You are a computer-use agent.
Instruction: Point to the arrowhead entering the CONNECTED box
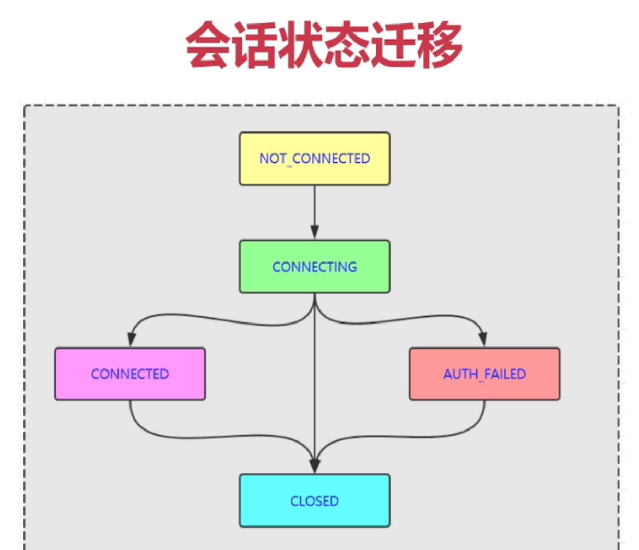tap(131, 339)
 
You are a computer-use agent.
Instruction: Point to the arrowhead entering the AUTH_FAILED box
tap(483, 339)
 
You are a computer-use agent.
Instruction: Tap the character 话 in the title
tap(254, 45)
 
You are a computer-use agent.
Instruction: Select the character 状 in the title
tap(301, 45)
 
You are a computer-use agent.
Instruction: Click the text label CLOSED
tap(314, 501)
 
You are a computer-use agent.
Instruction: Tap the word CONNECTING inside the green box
tap(314, 267)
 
